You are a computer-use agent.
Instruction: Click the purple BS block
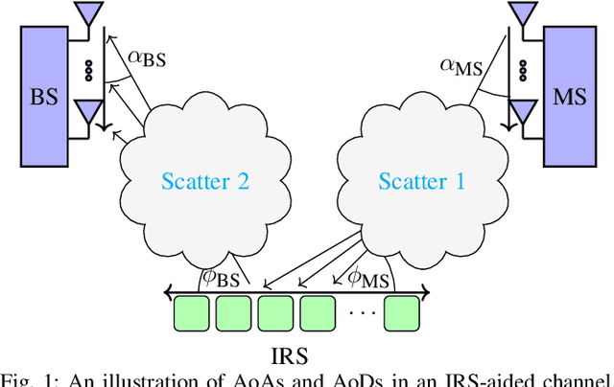pyautogui.click(x=44, y=97)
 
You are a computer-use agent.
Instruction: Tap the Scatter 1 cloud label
pyautogui.click(x=421, y=182)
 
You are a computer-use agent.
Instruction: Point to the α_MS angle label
pyautogui.click(x=460, y=65)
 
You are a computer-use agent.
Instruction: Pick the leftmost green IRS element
pyautogui.click(x=191, y=313)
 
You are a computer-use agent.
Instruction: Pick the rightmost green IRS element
pyautogui.click(x=403, y=313)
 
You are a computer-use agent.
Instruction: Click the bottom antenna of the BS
pyautogui.click(x=90, y=111)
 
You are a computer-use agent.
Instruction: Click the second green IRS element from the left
pyautogui.click(x=233, y=313)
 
